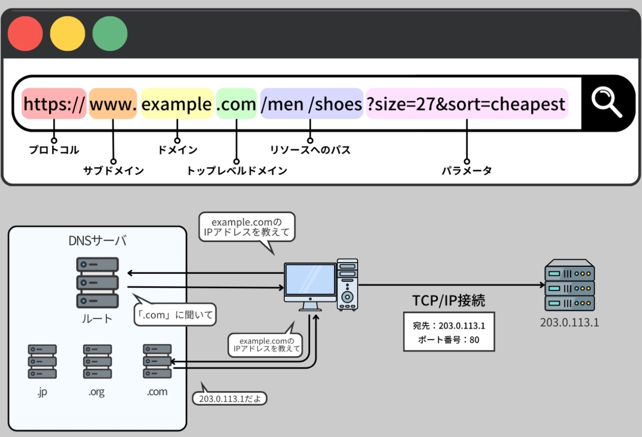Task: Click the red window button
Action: coord(25,33)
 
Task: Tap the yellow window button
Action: coord(67,33)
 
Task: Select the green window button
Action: coord(110,33)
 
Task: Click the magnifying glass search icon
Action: coord(606,102)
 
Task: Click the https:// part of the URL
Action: coord(54,104)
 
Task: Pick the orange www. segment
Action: coord(113,104)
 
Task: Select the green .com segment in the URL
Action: coord(236,104)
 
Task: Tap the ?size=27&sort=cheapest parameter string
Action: coord(467,104)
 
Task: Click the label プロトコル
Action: coord(54,150)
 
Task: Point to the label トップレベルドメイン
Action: coord(237,171)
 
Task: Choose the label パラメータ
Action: coord(467,171)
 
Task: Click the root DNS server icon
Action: coord(97,282)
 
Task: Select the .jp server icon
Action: coord(42,361)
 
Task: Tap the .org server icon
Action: coord(97,361)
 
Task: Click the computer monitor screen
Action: coord(310,279)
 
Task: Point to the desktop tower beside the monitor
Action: coord(348,284)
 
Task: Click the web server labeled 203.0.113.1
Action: coord(570,285)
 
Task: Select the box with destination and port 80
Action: coord(449,332)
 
